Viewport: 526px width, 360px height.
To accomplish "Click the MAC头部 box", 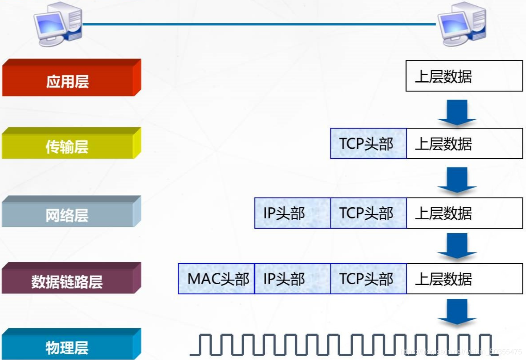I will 217,279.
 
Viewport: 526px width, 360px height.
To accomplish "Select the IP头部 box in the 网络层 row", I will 292,213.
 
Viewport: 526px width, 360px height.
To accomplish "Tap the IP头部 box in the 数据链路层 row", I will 292,279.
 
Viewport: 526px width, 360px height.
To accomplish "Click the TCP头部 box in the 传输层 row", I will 368,143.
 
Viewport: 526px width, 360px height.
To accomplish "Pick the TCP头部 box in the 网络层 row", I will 368,213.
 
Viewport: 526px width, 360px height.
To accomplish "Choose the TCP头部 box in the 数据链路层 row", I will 368,279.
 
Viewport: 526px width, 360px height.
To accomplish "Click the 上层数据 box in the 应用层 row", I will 464,76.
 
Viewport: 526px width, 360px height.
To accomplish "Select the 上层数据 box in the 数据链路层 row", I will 464,279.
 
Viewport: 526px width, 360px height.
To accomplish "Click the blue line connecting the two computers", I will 259,24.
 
